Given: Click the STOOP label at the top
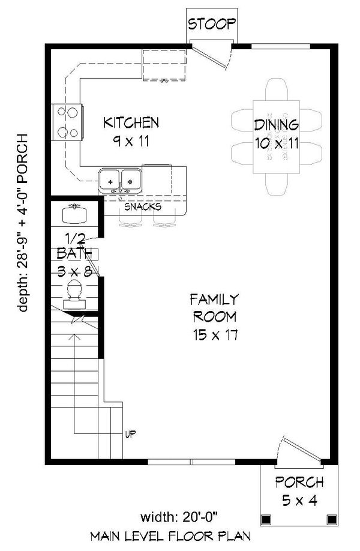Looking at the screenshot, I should pos(211,25).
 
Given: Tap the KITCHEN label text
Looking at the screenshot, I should pos(131,123).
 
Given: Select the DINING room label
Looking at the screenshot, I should pos(276,125).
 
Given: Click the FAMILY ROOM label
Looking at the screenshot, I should pos(214,307).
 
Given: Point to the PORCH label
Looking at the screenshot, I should pos(299,482).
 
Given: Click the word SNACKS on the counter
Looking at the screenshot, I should pos(142,207).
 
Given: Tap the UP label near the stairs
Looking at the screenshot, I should pos(130,433).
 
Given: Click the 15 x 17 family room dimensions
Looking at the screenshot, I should pos(214,335).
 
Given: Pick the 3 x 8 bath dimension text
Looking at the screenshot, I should pos(75,271).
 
